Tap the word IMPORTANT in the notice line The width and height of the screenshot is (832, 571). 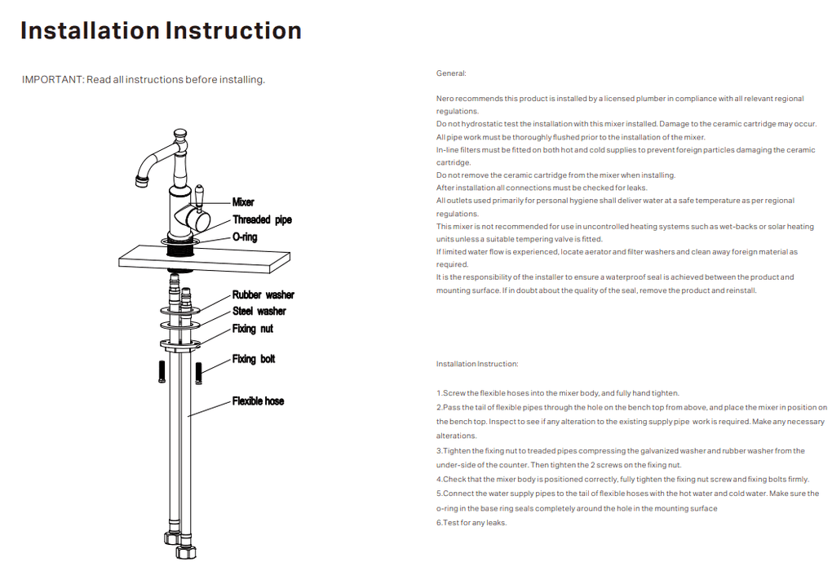click(x=52, y=80)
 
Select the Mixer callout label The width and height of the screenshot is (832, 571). click(x=243, y=202)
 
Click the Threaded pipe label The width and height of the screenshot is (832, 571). click(x=262, y=220)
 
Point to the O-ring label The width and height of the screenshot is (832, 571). click(x=245, y=237)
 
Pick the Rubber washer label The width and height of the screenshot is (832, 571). click(x=263, y=295)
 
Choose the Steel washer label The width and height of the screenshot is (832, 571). click(x=259, y=312)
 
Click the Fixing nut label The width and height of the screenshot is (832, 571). click(x=252, y=329)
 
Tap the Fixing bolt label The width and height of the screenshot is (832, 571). click(x=254, y=360)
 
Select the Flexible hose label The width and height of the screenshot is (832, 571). click(x=258, y=401)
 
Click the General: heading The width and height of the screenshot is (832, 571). click(x=451, y=73)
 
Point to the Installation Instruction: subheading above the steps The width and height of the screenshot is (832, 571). click(x=477, y=364)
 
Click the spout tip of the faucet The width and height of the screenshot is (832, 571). click(x=139, y=177)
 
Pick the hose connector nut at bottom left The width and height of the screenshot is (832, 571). click(x=170, y=539)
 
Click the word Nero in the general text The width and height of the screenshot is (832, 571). click(x=445, y=99)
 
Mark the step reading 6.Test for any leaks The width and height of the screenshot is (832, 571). click(x=471, y=523)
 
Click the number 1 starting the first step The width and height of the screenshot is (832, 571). click(x=439, y=393)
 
